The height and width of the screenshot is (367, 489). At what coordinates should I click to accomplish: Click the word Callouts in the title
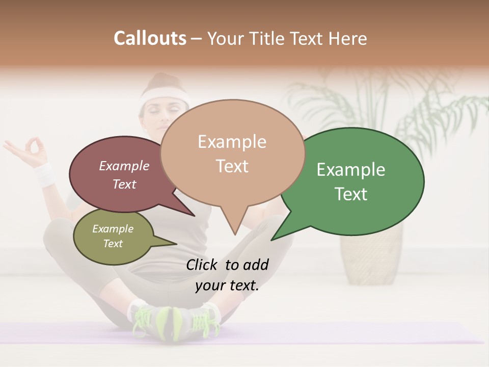coord(150,38)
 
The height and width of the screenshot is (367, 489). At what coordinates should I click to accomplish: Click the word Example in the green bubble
coord(351,170)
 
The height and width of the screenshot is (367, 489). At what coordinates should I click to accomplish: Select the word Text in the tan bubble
coord(232,166)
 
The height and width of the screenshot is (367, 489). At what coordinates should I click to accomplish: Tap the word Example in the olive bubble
coord(113,229)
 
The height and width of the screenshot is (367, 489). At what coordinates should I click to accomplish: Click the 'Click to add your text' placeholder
coord(227,275)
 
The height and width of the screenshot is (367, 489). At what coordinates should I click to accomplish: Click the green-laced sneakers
coord(176,321)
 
